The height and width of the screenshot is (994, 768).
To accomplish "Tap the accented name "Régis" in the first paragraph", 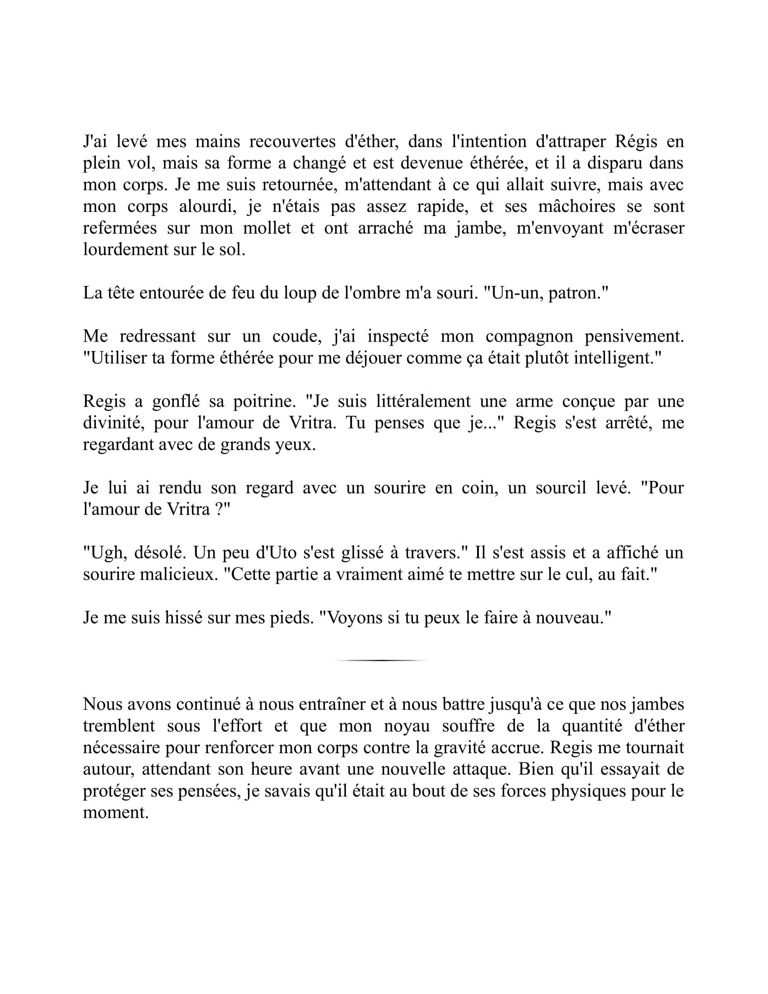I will click(x=636, y=141).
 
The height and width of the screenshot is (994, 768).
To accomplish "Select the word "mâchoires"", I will click(x=576, y=206).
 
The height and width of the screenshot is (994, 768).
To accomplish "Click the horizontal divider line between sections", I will click(x=381, y=660).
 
